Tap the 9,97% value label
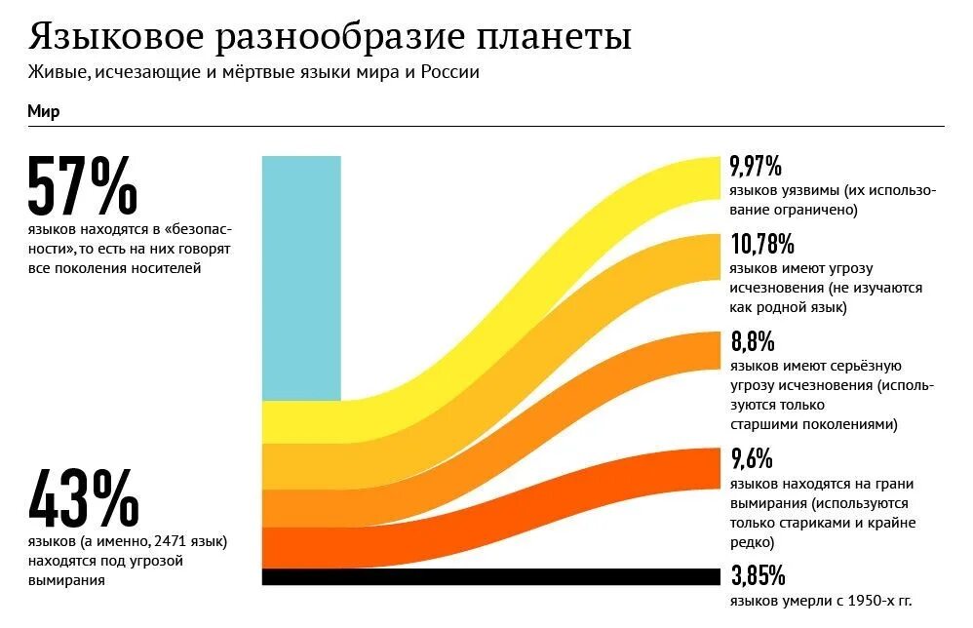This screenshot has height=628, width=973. click(x=756, y=166)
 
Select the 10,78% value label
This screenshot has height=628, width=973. click(x=761, y=244)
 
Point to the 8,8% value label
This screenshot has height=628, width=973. click(x=752, y=341)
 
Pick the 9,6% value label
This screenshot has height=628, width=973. click(x=751, y=458)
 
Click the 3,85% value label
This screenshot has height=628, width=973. click(x=758, y=575)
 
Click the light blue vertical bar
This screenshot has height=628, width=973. click(x=301, y=278)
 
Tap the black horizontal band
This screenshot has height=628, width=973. click(x=487, y=576)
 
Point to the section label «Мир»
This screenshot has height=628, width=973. click(x=43, y=111)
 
